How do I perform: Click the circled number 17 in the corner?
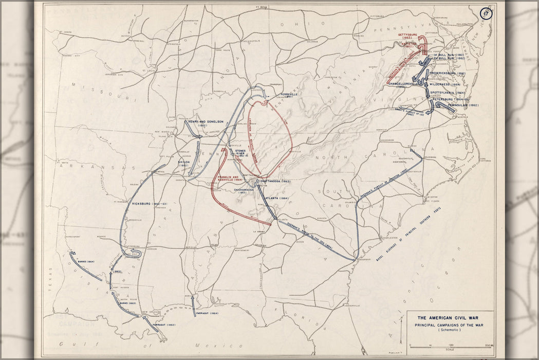[x=486, y=13]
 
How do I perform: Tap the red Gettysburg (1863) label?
[x=407, y=36]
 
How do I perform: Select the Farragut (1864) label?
[x=208, y=313]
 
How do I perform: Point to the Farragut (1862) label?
[x=164, y=325]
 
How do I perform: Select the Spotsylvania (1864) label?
[x=448, y=93]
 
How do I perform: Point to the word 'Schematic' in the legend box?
[x=450, y=330]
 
